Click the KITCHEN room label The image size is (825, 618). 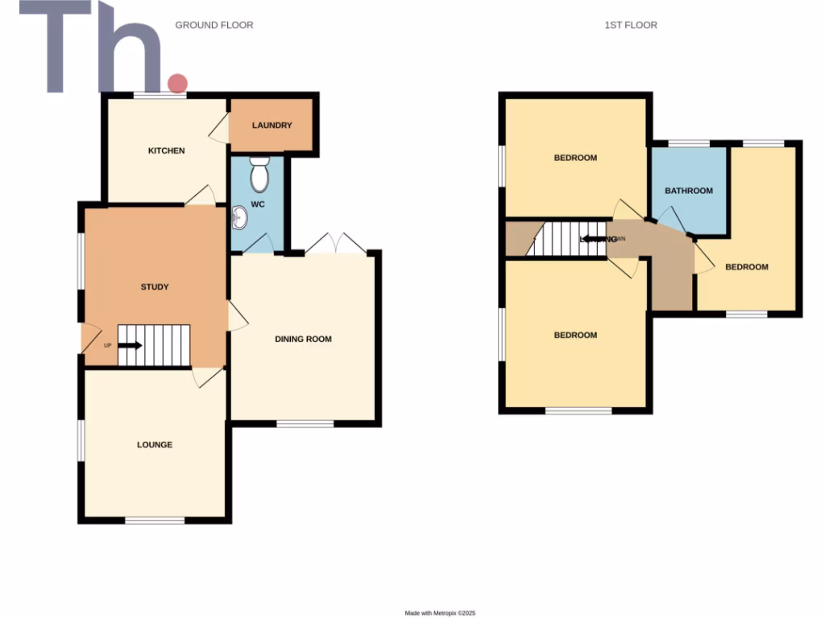[166, 150]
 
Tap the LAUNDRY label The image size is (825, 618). [272, 126]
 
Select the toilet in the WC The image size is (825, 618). [259, 173]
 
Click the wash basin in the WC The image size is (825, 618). [238, 216]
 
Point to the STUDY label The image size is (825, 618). [155, 286]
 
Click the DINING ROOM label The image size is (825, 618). [303, 339]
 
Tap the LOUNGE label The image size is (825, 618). [155, 444]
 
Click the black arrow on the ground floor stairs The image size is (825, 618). [131, 346]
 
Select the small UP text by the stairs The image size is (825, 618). [107, 346]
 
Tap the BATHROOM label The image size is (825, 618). [689, 191]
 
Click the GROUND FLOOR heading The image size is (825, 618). [214, 25]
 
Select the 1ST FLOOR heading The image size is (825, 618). [631, 25]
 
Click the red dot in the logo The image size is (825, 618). [176, 82]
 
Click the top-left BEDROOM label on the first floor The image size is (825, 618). [575, 158]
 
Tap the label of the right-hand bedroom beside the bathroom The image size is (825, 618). [747, 267]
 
